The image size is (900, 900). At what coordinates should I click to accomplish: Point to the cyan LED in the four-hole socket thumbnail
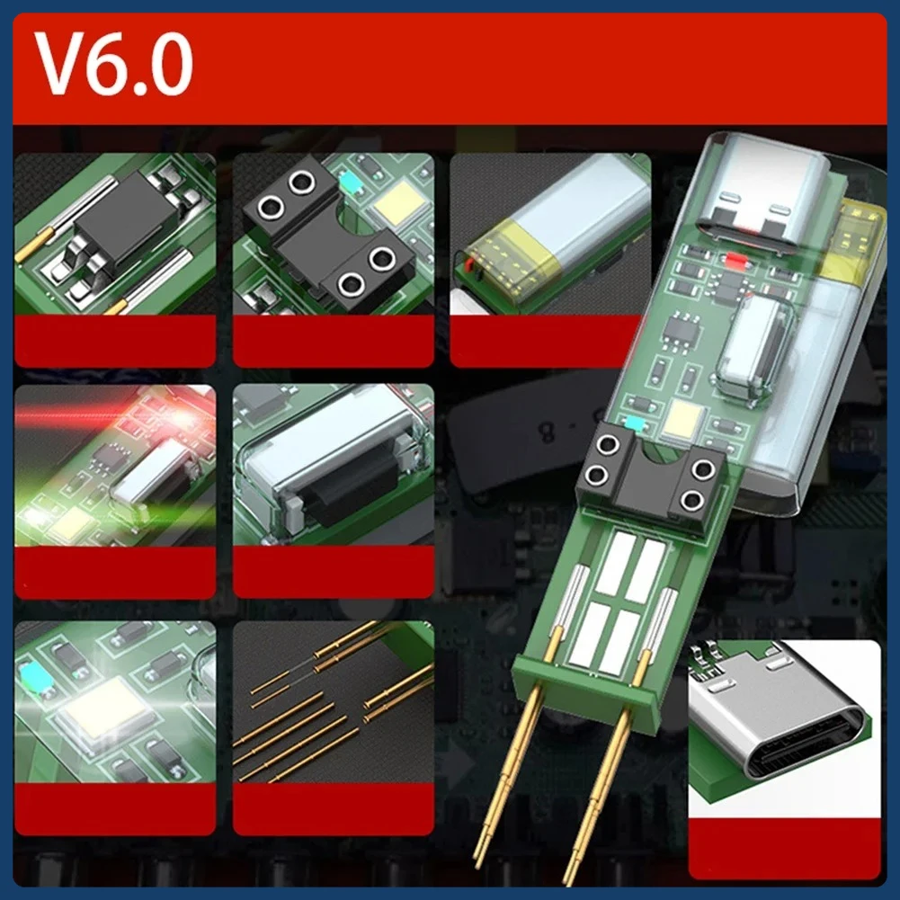pyautogui.click(x=350, y=183)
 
